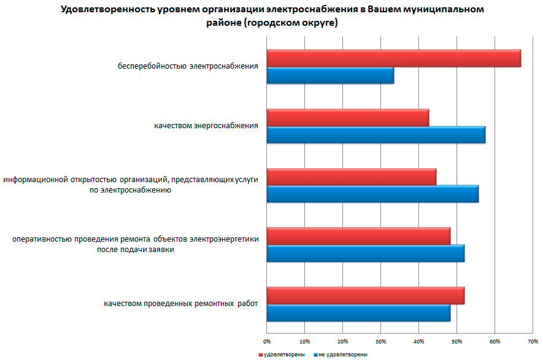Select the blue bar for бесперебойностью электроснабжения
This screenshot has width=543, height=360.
click(330, 76)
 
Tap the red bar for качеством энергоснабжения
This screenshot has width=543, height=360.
click(347, 117)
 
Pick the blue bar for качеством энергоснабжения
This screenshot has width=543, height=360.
click(375, 135)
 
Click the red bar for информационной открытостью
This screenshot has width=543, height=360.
click(351, 177)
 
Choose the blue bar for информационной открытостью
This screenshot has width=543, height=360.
click(372, 194)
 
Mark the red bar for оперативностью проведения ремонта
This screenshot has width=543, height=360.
click(358, 236)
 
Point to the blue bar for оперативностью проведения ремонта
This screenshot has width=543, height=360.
click(365, 253)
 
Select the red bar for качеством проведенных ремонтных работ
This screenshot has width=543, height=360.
click(365, 295)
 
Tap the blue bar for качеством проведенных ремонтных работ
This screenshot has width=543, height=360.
click(358, 313)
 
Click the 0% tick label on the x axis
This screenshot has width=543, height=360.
click(267, 340)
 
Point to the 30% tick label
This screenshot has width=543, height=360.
click(380, 340)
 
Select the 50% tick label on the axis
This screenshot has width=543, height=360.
click(456, 340)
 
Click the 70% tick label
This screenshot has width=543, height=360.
click(533, 340)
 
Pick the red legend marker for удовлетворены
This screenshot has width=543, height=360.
click(261, 354)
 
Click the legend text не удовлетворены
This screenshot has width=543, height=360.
click(343, 354)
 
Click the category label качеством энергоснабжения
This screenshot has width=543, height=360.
click(206, 126)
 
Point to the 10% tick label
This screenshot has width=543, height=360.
click(305, 340)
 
